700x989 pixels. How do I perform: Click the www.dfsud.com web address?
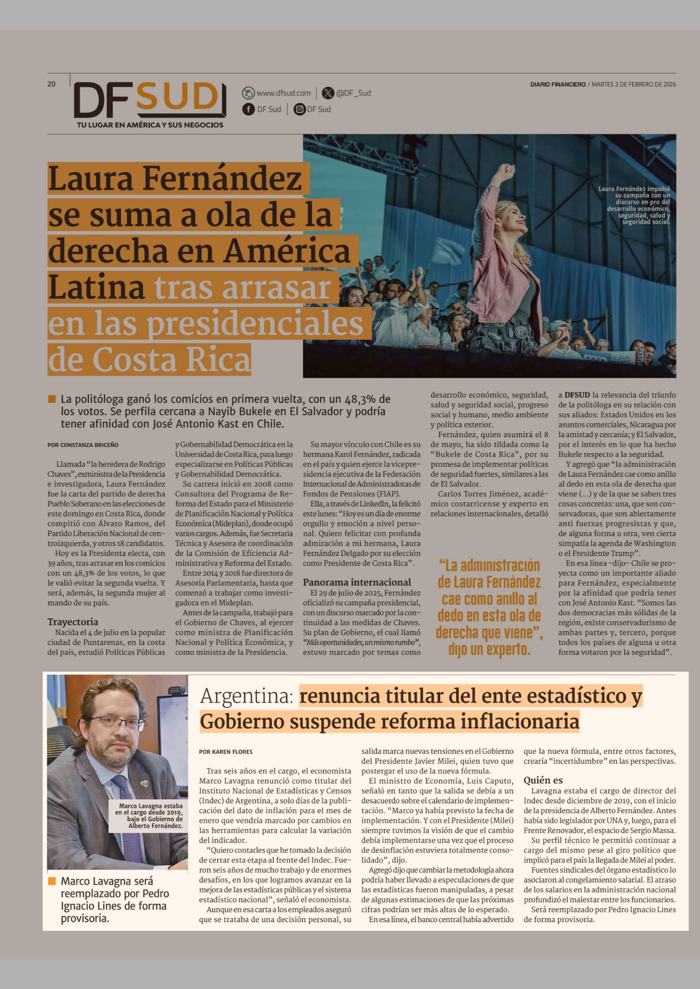(283, 93)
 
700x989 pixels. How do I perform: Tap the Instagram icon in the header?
(299, 109)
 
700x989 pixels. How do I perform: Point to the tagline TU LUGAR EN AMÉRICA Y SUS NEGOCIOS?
(150, 125)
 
